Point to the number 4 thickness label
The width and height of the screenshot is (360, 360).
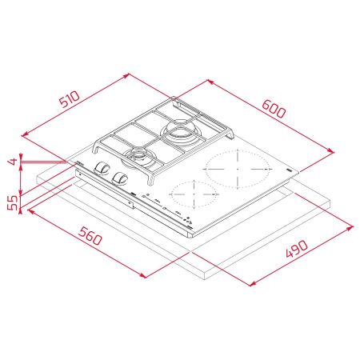pos(12,162)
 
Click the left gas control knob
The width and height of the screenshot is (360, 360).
pos(102,168)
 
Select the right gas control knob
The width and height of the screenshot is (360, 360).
pos(122,178)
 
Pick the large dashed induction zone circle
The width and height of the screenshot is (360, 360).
pos(237,169)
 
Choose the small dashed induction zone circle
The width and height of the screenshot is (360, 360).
pos(195,193)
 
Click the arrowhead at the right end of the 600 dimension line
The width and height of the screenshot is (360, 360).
pos(330,150)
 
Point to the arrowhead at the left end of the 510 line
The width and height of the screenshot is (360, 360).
pos(22,133)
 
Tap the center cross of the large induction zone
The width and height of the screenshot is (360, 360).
pos(237,169)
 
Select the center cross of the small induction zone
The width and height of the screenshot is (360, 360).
pos(195,193)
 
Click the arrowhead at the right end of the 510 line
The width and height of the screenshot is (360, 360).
pos(129,74)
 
